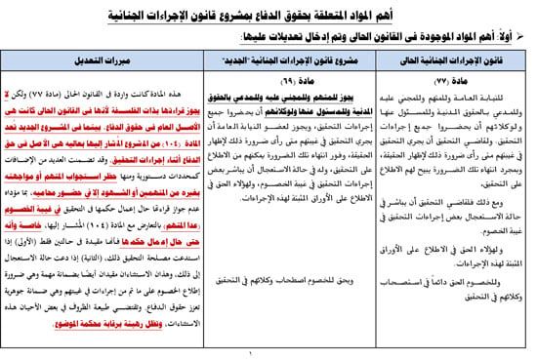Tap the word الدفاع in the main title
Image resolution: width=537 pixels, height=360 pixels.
click(x=293, y=12)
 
